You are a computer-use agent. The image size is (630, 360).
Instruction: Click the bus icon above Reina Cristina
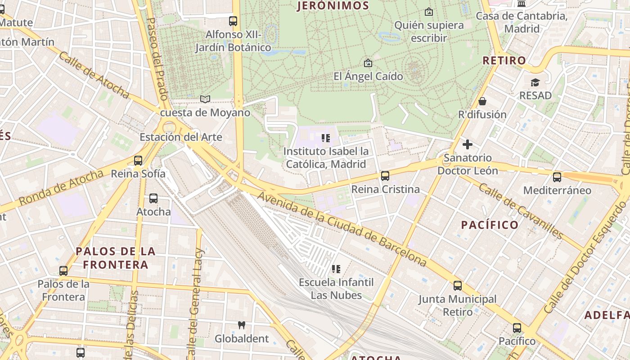pos(385,176)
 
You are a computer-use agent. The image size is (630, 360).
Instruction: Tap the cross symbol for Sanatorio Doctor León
pos(468,144)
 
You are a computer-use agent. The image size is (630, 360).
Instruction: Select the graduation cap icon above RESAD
pos(535,82)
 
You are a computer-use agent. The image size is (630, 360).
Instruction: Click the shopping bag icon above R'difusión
pos(482,101)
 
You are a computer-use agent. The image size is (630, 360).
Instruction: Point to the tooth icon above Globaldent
pos(242,325)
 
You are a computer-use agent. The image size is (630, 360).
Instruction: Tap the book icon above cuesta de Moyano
pos(205,99)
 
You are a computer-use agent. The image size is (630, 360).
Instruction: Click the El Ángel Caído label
pos(368,76)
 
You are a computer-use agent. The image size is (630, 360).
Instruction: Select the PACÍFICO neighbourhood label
pos(490,225)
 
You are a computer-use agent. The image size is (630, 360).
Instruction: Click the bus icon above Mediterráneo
pos(557,177)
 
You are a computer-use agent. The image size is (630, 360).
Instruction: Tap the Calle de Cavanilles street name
pos(520,211)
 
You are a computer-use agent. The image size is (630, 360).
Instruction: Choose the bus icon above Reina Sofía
pos(138,161)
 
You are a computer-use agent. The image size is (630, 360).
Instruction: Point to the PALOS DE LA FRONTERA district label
pos(116,258)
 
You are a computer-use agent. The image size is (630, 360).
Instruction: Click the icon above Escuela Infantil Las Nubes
pos(336,269)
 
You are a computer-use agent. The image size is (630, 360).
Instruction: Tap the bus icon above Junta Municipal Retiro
pos(458,286)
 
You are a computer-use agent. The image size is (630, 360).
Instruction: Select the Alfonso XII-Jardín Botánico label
pos(233,40)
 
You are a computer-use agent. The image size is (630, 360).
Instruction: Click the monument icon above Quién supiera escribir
pos(429,12)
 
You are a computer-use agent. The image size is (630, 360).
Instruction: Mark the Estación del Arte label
pos(181,137)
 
